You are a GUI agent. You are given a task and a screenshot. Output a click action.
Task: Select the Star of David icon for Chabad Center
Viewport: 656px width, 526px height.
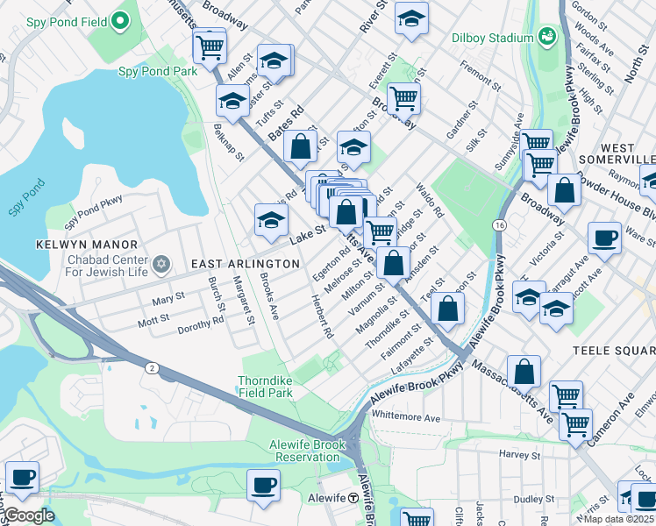click(x=160, y=264)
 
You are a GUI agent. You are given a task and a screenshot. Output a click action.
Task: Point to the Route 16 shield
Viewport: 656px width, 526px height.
click(x=497, y=225)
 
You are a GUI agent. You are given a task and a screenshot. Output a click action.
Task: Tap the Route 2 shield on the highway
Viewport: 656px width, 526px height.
click(x=152, y=369)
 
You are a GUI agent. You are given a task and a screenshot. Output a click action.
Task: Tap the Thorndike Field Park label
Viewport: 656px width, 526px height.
click(x=265, y=387)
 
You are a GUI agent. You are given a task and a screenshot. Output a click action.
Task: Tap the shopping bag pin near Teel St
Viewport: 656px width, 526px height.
click(x=448, y=308)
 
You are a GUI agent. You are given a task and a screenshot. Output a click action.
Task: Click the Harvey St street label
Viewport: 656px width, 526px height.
click(x=519, y=455)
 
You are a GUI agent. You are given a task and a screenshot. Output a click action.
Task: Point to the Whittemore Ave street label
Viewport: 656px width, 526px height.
click(x=406, y=418)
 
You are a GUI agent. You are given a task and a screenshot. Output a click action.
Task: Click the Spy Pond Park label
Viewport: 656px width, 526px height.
click(x=158, y=71)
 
